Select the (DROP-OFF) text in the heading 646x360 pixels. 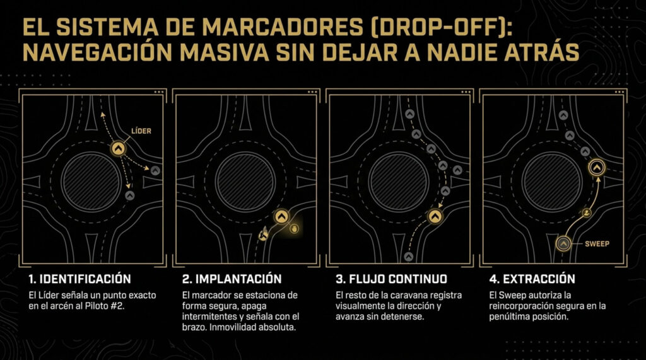coord(440,28)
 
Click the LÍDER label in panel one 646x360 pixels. coord(141,131)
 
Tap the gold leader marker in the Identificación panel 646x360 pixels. coord(119,148)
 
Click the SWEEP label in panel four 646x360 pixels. coord(597,244)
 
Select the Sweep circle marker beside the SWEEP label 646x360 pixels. coord(563,244)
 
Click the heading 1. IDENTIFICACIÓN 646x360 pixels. coord(80,279)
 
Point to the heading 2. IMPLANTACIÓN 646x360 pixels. coord(232,279)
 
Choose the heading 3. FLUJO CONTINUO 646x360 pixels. coord(391,279)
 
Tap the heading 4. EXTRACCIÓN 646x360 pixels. coord(532,279)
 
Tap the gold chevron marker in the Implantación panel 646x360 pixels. coord(282,216)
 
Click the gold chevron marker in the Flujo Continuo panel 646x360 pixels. coord(435,216)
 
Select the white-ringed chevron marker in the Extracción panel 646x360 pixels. coord(597,167)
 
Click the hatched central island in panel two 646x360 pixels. coord(245,182)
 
